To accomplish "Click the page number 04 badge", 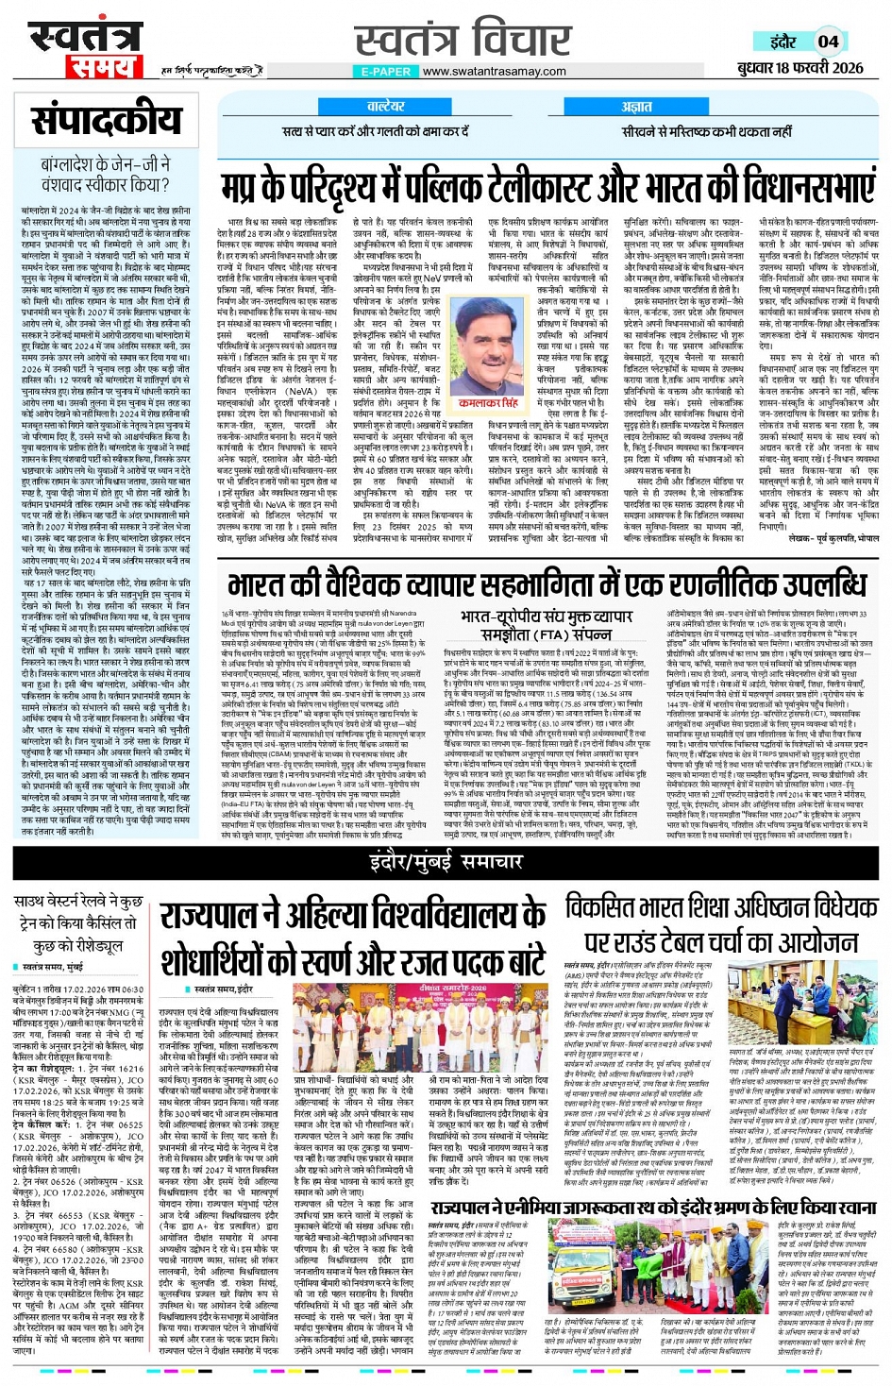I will click(828, 41).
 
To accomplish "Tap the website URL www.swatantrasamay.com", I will click(494, 71).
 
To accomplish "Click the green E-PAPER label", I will click(385, 71).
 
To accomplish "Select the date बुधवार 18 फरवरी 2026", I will click(800, 67).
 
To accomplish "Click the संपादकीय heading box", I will click(107, 120).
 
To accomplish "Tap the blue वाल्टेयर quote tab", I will click(385, 107).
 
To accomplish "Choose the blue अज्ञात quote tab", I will click(637, 107).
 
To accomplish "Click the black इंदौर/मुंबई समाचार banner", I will click(446, 861).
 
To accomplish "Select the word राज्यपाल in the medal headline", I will click(214, 914).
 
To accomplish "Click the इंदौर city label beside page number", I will click(783, 42).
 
